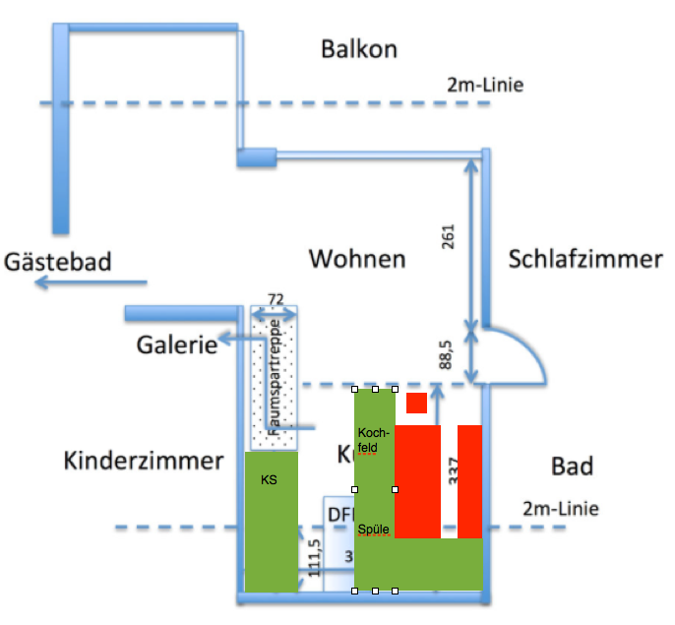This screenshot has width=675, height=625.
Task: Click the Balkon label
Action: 358,48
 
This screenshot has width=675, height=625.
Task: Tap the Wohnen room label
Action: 357,259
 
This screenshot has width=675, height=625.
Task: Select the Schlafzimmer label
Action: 585,259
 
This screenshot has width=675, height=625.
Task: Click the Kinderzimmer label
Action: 144,461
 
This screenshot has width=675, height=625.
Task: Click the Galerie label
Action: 177,345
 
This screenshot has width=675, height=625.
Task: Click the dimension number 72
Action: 276,299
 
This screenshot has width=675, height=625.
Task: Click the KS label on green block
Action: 270,481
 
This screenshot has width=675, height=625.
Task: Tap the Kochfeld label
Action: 374,439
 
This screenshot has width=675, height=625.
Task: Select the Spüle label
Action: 374,530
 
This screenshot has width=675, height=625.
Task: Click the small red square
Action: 416,402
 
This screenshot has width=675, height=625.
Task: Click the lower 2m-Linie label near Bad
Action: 560,509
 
